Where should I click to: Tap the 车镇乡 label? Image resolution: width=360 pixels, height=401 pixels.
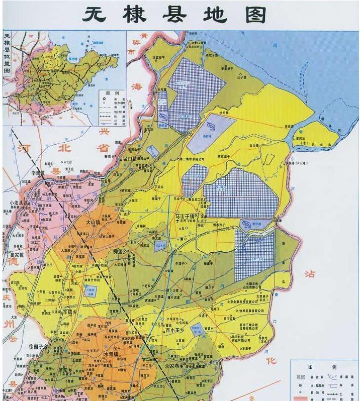pos(68,312)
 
